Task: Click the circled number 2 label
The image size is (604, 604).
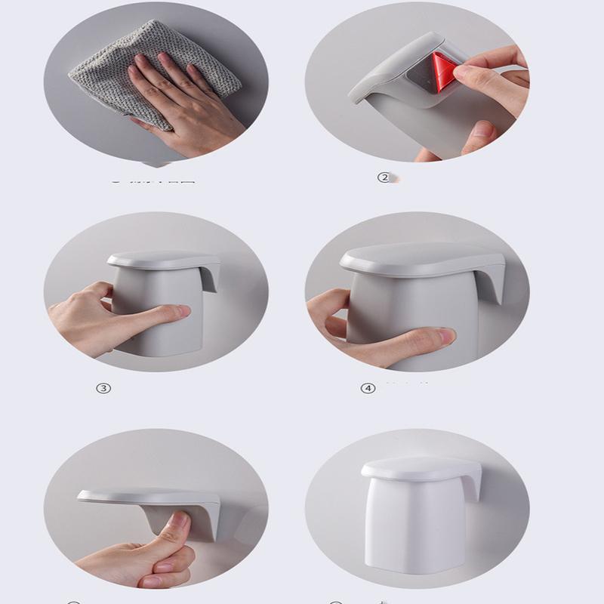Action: point(384,177)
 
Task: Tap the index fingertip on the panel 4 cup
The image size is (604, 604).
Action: point(445,334)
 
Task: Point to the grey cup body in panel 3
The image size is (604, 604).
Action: point(155,325)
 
